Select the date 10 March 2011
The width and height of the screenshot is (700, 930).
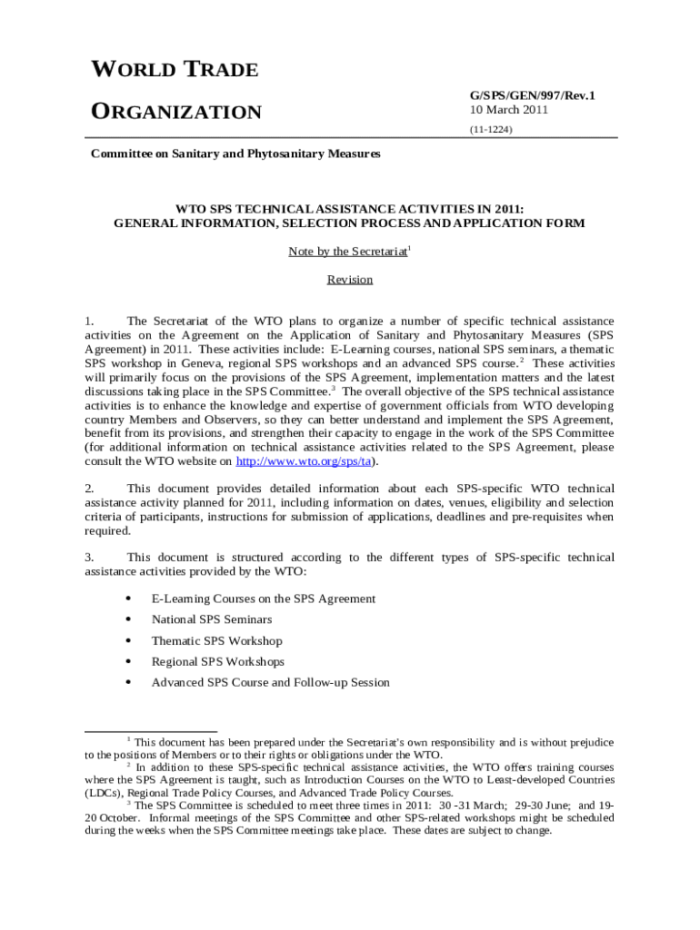point(508,110)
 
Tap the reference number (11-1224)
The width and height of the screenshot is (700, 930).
point(491,130)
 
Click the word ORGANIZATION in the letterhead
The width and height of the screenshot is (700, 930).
point(176,113)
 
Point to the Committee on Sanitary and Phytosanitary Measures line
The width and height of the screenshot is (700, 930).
point(235,153)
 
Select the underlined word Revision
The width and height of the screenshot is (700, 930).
point(350,280)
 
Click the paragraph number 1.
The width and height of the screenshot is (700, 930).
point(89,322)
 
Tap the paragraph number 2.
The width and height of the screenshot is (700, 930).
point(89,489)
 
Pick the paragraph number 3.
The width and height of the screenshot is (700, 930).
point(89,558)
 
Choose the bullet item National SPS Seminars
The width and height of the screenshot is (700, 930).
point(211,619)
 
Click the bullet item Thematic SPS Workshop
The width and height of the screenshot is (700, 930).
point(216,641)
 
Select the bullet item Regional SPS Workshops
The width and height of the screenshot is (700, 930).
point(217,662)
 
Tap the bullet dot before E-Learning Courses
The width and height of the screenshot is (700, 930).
point(130,599)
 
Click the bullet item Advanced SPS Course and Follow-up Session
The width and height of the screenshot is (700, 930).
point(270,683)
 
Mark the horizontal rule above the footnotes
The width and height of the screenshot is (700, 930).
point(150,730)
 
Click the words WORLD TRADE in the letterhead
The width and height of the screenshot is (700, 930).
point(175,70)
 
